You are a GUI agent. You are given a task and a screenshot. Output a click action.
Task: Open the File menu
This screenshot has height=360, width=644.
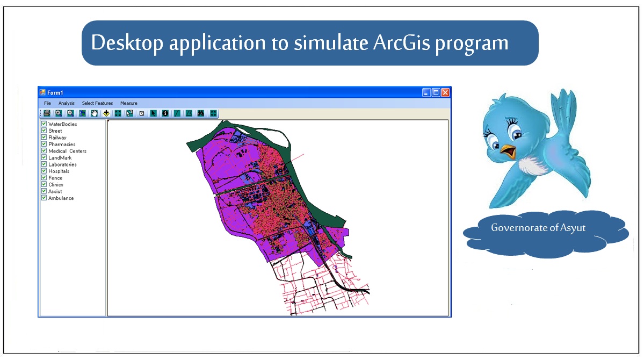(x=47, y=103)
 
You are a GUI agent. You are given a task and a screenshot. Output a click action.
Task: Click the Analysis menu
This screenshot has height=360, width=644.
(x=67, y=103)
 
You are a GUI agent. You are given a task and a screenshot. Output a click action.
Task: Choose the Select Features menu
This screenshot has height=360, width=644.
(x=97, y=103)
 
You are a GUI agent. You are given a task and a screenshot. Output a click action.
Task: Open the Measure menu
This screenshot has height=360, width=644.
(x=128, y=103)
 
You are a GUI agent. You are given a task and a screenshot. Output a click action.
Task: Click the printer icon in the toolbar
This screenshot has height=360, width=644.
(x=47, y=113)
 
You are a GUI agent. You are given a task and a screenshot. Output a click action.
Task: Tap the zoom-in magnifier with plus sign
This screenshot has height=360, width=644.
(x=59, y=113)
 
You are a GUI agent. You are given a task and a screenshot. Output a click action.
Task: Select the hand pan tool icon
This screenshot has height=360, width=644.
(x=94, y=113)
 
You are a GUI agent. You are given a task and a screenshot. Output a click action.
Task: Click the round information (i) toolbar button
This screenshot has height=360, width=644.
(x=165, y=113)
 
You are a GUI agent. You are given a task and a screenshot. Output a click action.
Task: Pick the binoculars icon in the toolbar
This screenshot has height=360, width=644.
(x=201, y=113)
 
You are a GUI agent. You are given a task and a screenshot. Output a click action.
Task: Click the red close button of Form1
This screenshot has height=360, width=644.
(x=445, y=92)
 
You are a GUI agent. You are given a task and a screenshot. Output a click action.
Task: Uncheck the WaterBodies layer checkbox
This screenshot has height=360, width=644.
(x=44, y=124)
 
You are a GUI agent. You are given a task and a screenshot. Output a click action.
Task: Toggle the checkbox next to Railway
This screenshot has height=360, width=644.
(x=44, y=137)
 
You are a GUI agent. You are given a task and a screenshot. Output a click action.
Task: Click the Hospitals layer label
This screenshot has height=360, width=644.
(x=59, y=171)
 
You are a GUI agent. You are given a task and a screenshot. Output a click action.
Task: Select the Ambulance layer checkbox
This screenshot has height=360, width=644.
(x=44, y=198)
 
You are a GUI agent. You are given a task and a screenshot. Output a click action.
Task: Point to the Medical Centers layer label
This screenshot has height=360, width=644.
(x=67, y=151)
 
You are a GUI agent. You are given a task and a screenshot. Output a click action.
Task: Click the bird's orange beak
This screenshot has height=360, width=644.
(x=508, y=151)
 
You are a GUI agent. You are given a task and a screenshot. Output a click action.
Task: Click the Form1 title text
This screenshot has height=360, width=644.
(x=55, y=93)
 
